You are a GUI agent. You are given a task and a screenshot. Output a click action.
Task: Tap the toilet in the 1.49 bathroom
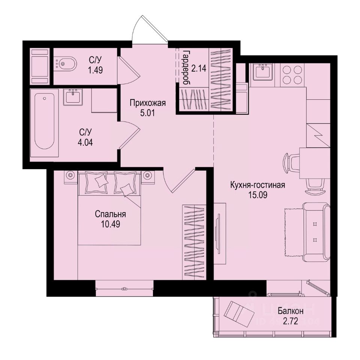(x=66, y=64)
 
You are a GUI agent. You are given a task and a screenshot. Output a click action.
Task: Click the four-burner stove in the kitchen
(x=291, y=75)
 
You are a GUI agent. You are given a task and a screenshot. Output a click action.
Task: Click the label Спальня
(x=110, y=214)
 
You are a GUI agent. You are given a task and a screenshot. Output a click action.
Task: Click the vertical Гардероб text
(x=184, y=66)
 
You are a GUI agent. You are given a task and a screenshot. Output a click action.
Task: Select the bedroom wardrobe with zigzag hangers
(x=194, y=242)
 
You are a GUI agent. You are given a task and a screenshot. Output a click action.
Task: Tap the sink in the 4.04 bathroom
(x=72, y=97)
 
